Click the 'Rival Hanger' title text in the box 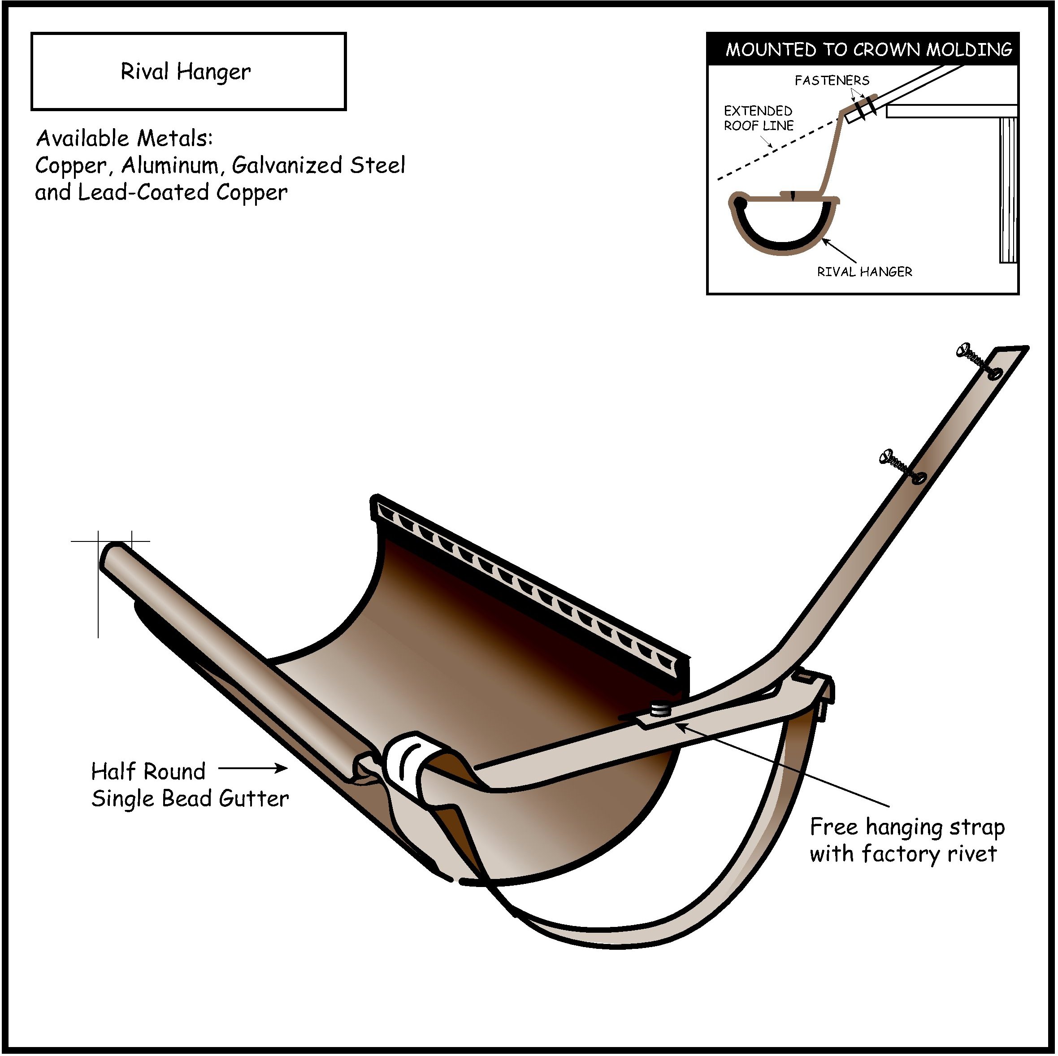[x=186, y=72]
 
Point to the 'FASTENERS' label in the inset [x=832, y=81]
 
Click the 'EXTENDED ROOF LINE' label [x=759, y=118]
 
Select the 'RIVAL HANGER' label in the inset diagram [x=865, y=272]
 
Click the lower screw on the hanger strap [x=902, y=467]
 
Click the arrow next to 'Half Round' [x=253, y=769]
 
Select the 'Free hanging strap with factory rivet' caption [x=907, y=840]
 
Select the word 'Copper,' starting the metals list [x=70, y=165]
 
